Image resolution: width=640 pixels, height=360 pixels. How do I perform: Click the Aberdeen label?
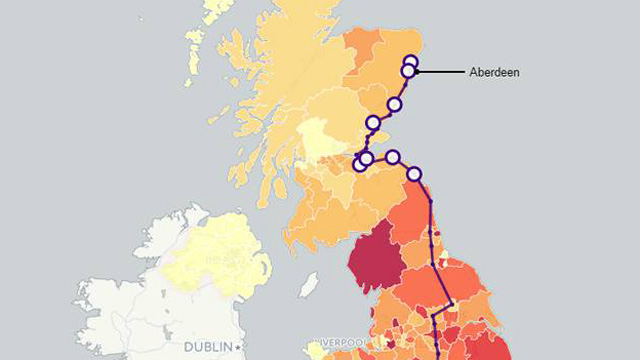494,72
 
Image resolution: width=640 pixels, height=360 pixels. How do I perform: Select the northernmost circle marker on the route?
410,62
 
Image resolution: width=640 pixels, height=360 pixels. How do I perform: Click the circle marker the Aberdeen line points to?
409,71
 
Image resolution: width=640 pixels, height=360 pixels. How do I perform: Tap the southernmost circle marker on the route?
414,174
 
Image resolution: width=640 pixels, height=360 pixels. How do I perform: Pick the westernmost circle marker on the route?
360,163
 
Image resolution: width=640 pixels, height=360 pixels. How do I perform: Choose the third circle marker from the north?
394,104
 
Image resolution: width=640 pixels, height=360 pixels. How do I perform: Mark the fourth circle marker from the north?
373,122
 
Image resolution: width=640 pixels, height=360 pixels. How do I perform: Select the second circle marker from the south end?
393,157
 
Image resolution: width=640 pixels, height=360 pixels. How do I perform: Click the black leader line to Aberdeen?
440,72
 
